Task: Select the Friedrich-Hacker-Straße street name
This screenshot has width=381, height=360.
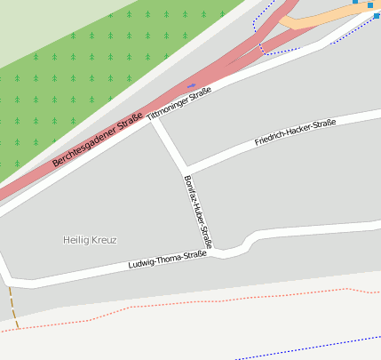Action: pyautogui.click(x=295, y=133)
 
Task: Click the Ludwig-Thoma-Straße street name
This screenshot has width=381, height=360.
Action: pyautogui.click(x=167, y=260)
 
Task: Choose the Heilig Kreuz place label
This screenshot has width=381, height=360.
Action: pyautogui.click(x=90, y=240)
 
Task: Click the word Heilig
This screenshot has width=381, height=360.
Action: pyautogui.click(x=76, y=240)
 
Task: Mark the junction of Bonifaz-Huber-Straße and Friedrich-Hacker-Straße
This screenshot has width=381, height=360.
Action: pyautogui.click(x=185, y=169)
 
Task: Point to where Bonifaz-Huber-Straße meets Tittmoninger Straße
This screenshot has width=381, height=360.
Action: pyautogui.click(x=154, y=121)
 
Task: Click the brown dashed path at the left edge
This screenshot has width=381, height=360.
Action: pyautogui.click(x=12, y=307)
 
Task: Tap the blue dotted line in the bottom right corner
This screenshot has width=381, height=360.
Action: pyautogui.click(x=311, y=346)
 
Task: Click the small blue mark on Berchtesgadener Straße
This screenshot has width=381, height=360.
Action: pyautogui.click(x=191, y=85)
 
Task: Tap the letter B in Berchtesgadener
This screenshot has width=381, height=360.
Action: pyautogui.click(x=55, y=163)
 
